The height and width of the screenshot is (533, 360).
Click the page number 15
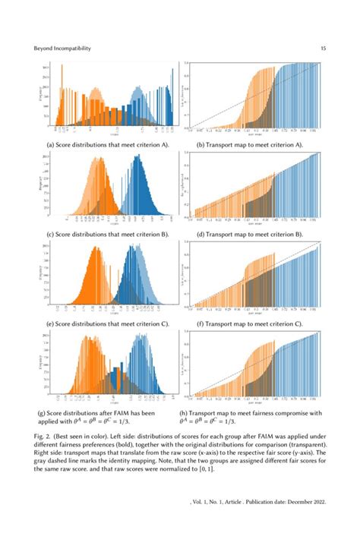click(323, 48)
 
